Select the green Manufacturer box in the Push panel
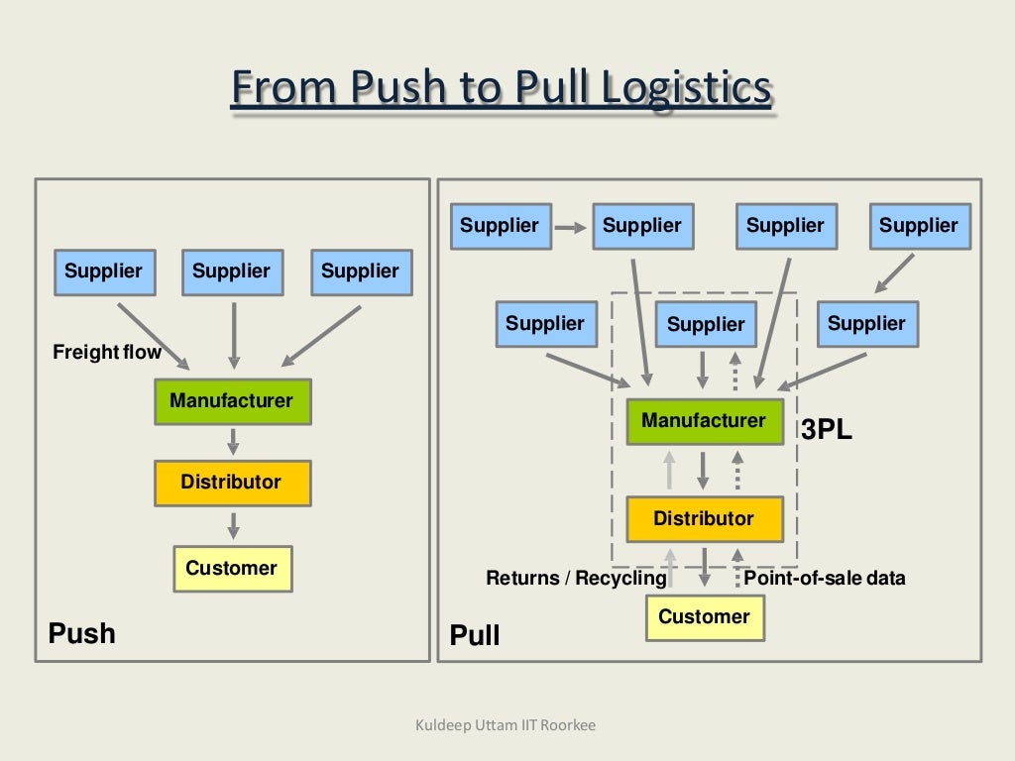coord(232,401)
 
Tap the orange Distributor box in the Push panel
coord(232,483)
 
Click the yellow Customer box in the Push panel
coord(232,569)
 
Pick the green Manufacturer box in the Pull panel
coord(704,421)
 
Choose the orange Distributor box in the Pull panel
coord(704,518)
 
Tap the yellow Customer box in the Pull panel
coord(704,617)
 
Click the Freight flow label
coord(107,352)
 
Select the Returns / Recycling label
coord(576,578)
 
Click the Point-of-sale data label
coord(825,578)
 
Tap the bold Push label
coord(82,633)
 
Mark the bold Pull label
coord(475,635)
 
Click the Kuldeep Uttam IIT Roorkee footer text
coord(506,726)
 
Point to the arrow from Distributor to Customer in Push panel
coord(233,525)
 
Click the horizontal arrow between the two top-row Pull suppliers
coord(570,227)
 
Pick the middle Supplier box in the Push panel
coord(232,272)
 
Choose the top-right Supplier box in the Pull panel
coord(919,226)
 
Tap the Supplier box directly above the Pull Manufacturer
coord(706,324)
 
